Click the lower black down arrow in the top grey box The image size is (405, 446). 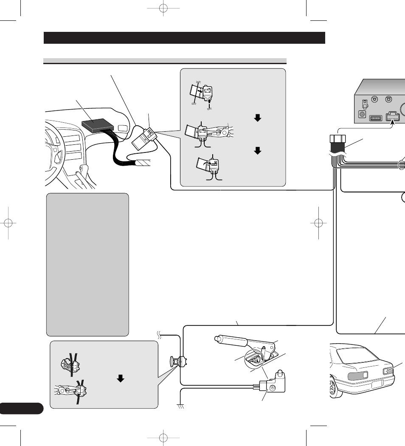point(256,151)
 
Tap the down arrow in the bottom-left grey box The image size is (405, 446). point(121,378)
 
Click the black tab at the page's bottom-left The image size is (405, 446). point(21,408)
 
